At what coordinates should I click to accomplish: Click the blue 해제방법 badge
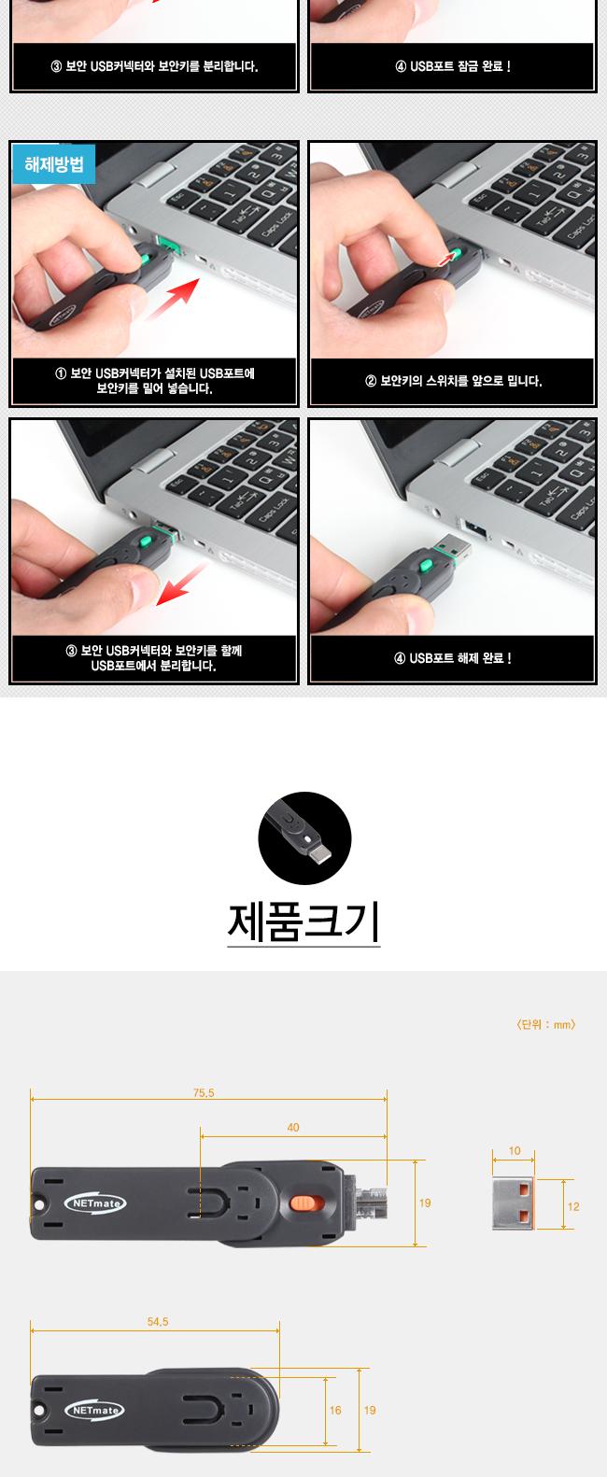point(53,166)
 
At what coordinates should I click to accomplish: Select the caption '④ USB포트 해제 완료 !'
point(452,658)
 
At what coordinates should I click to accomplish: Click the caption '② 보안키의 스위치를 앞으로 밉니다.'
point(453,381)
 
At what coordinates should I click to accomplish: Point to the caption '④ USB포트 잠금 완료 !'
point(453,67)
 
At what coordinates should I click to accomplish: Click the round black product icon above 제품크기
point(304,837)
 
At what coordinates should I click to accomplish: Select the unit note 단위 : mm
point(545,1024)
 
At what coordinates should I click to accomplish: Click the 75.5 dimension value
point(204,1092)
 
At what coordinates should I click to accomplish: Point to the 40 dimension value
point(293,1128)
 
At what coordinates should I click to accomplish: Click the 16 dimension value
point(335,1410)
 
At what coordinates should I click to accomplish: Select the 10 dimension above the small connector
point(515,1151)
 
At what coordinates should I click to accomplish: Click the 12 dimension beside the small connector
point(573,1206)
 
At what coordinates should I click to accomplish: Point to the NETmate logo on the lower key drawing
point(93,1411)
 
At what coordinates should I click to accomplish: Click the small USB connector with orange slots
point(514,1204)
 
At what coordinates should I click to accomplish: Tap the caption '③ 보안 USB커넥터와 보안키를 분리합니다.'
point(154,67)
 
